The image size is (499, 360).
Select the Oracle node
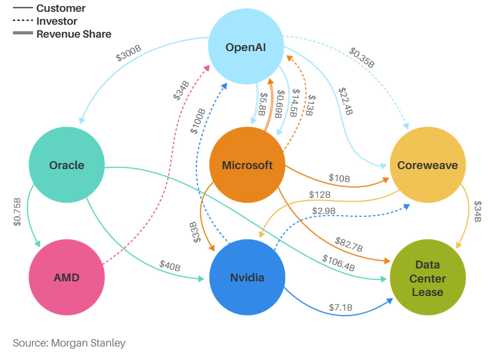pos(67,165)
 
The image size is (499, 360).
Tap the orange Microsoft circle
pos(247,165)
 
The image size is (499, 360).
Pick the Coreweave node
pos(427,165)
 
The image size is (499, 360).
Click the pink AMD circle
pos(67,277)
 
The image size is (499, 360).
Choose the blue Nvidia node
pos(247,277)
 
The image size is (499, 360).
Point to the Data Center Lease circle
pos(427,278)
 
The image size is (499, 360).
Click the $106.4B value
pos(338,263)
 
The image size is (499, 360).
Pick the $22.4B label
pos(345,101)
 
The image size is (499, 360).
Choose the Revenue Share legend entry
pos(74,34)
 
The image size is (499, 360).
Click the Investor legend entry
pos(57,21)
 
